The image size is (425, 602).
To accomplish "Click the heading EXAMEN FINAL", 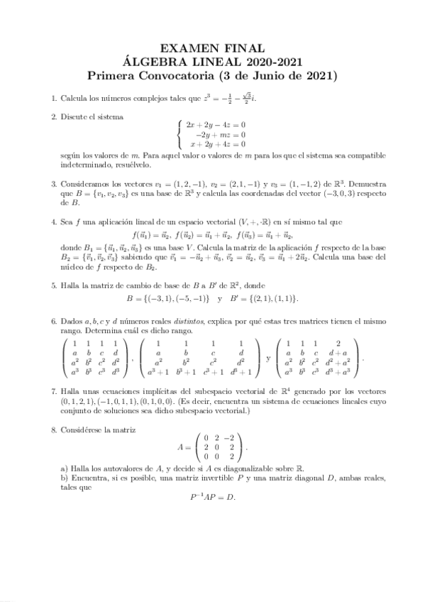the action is coord(211,48).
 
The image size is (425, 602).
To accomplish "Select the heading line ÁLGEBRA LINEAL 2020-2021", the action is coord(211,61).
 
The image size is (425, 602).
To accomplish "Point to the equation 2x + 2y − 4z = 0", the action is coord(216,125).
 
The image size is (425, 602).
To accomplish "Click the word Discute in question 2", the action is coord(77,116).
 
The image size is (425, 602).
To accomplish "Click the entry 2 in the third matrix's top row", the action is coord(338,342).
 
